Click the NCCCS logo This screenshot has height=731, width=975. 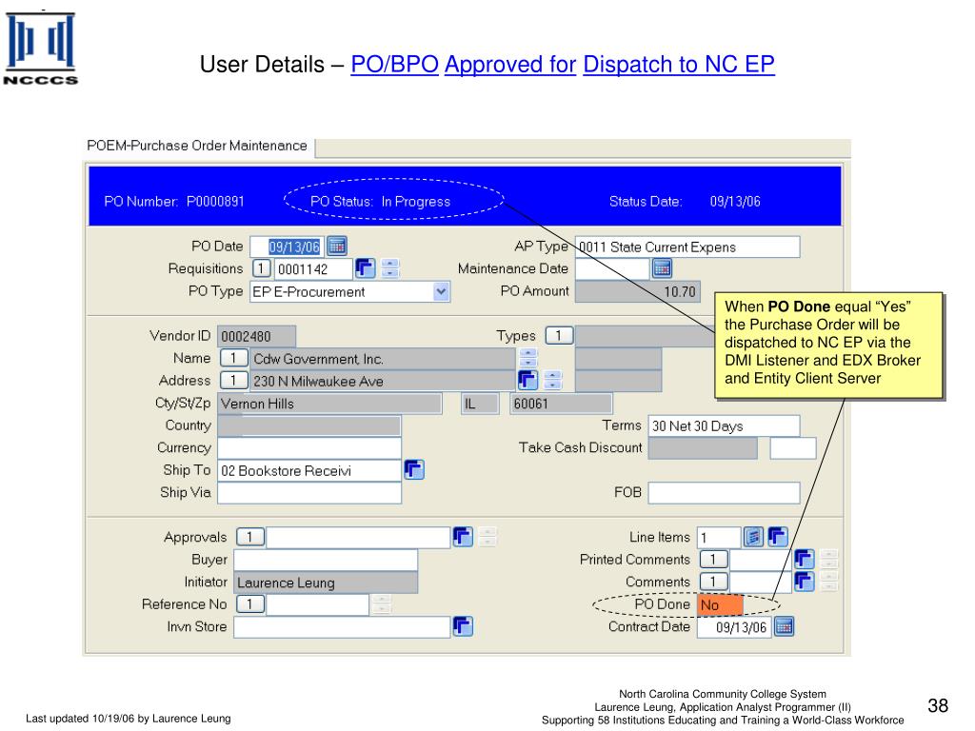[x=40, y=49]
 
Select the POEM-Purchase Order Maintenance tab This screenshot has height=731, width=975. [x=197, y=147]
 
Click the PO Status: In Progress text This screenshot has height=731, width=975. [x=380, y=202]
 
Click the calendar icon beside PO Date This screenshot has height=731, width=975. [x=337, y=246]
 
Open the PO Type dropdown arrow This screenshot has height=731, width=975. [x=441, y=292]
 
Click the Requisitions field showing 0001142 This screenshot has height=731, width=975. [x=312, y=269]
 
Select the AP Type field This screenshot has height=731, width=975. [x=687, y=247]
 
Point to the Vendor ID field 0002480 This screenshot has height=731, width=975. [x=257, y=337]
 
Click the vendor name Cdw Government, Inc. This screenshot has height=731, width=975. [x=381, y=360]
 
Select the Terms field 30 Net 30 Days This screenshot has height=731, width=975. [x=724, y=426]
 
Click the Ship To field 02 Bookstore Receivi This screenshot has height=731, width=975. [x=308, y=471]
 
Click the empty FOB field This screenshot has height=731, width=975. [x=724, y=493]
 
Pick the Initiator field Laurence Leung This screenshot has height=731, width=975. [x=325, y=583]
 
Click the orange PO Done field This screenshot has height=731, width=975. [x=720, y=605]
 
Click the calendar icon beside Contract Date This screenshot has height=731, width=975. [x=784, y=627]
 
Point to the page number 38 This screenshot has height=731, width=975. [x=938, y=705]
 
